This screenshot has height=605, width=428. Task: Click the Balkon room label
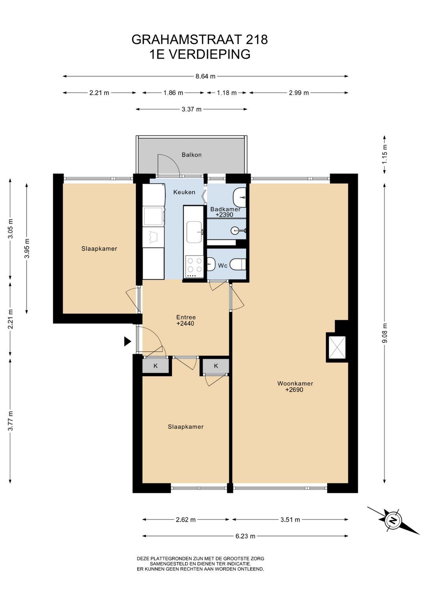(x=191, y=155)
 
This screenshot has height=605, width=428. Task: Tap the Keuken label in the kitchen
(x=184, y=192)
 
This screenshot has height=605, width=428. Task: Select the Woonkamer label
(x=295, y=383)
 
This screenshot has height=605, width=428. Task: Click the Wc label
(x=223, y=265)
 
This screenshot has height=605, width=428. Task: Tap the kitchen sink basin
(x=194, y=232)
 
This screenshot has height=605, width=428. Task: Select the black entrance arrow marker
(x=128, y=341)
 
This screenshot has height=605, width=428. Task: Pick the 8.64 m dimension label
(x=205, y=76)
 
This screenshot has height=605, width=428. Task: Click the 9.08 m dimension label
(x=385, y=333)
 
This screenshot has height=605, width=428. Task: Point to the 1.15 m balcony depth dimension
(x=385, y=154)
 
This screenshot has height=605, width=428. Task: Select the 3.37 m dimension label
(x=191, y=109)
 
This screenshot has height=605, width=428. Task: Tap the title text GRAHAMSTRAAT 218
(x=200, y=39)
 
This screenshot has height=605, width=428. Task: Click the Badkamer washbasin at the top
(x=239, y=198)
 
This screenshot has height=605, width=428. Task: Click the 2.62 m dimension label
(x=186, y=520)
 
